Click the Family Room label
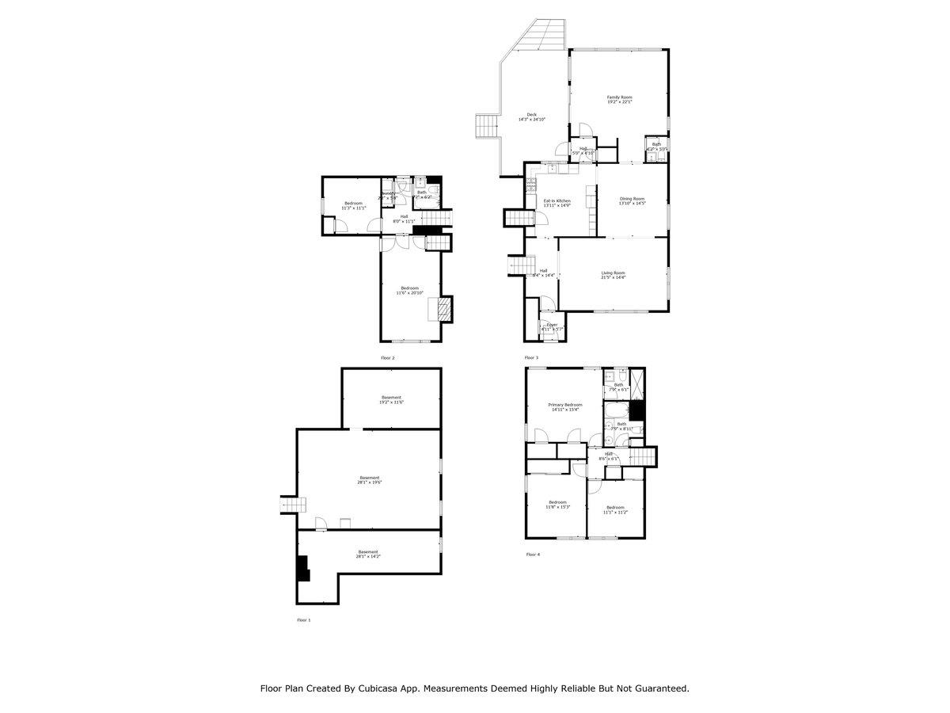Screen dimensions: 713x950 (x=619, y=97)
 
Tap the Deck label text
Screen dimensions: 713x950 (x=532, y=115)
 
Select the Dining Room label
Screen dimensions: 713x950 (x=632, y=199)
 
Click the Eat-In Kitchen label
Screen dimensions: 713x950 (x=557, y=201)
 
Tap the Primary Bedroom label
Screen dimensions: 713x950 (x=565, y=405)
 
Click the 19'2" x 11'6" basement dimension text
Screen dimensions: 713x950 (x=391, y=402)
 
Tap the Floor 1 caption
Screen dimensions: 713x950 (x=303, y=620)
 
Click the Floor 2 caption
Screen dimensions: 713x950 (x=387, y=358)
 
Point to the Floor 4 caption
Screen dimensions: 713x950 (x=533, y=555)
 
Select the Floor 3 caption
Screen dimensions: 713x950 (x=531, y=358)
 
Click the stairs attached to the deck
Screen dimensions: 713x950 (x=484, y=125)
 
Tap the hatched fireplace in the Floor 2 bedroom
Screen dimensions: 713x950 (x=446, y=309)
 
